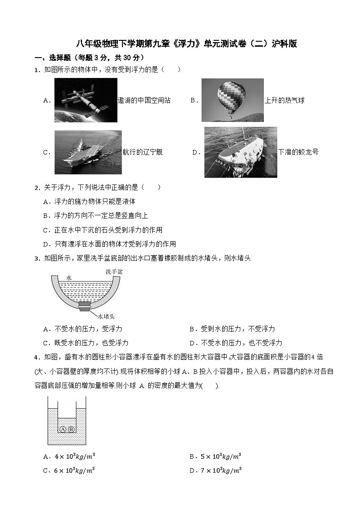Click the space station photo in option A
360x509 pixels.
point(85,100)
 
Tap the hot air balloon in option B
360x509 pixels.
point(232,97)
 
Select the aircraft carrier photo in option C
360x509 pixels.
point(88,152)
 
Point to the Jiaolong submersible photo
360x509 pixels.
point(240,152)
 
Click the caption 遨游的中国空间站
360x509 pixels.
point(144,101)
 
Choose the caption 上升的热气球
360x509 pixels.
point(284,101)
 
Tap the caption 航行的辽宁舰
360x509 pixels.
point(142,152)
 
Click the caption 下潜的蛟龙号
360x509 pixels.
point(298,152)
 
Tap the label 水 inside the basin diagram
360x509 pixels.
point(69,277)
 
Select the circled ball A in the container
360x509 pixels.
point(63,429)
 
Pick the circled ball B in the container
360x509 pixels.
point(71,429)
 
